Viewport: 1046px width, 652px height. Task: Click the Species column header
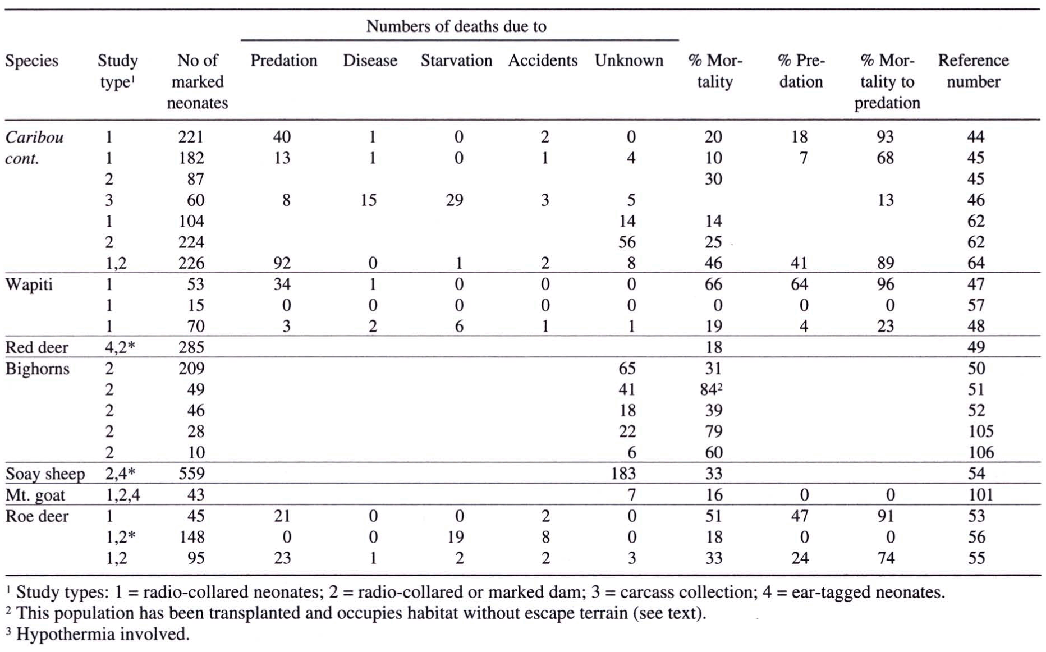31,61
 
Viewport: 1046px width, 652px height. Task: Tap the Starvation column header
456,61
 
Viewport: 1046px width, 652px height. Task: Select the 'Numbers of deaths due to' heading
456,26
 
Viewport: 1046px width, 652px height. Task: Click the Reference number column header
974,71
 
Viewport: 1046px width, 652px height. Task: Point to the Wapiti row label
29,284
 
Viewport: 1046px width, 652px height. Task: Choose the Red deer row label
36,347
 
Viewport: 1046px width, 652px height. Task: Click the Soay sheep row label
45,474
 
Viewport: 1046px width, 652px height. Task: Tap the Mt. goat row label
35,495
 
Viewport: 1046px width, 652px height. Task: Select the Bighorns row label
37,369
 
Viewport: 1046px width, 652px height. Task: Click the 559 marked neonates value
191,474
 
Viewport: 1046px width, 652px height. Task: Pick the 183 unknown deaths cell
623,474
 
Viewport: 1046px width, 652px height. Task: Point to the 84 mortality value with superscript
712,389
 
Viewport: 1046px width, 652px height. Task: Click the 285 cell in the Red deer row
191,347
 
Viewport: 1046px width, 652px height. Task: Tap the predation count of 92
282,263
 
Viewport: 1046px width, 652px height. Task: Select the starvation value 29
455,200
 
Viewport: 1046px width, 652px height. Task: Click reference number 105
976,431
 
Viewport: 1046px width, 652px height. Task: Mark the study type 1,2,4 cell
122,495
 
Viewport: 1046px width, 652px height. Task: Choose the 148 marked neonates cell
191,537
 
